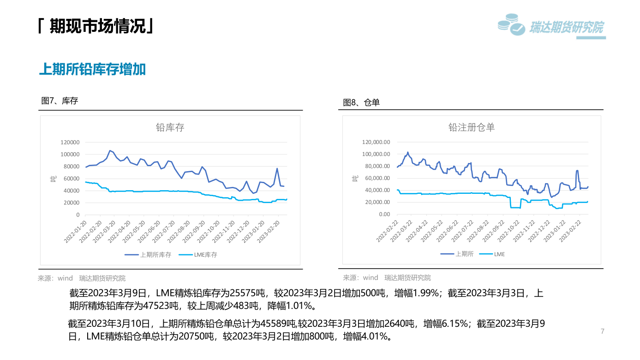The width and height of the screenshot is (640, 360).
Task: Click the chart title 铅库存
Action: pyautogui.click(x=170, y=128)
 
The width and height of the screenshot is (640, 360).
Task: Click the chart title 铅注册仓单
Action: pyautogui.click(x=472, y=128)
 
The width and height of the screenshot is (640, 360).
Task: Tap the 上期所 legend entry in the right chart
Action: pyautogui.click(x=460, y=254)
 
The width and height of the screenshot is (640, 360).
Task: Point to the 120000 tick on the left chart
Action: pyautogui.click(x=70, y=142)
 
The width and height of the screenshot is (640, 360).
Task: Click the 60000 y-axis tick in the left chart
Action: pyautogui.click(x=72, y=179)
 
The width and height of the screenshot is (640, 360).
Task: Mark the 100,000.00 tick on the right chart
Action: pyautogui.click(x=376, y=154)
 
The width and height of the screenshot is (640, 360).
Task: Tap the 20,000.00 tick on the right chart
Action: pyautogui.click(x=377, y=202)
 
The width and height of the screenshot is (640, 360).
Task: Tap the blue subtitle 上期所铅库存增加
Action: pyautogui.click(x=92, y=69)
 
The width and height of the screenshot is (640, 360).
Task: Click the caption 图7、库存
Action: pyautogui.click(x=60, y=101)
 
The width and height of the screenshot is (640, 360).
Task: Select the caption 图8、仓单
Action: pyautogui.click(x=361, y=102)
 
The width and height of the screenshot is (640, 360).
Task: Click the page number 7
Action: pyautogui.click(x=603, y=331)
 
